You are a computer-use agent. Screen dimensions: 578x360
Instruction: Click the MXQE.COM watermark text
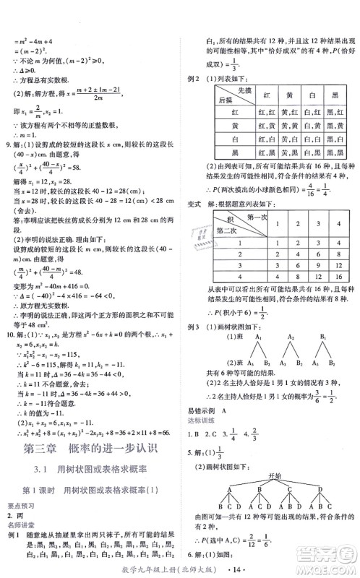(x=332, y=567)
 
